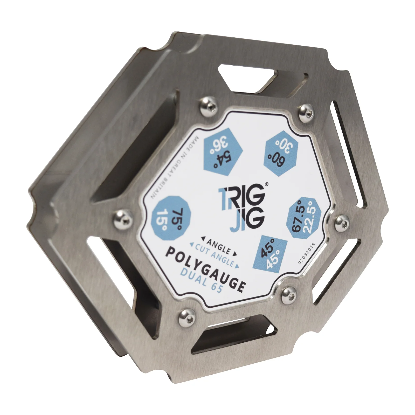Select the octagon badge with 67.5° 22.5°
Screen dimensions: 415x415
click(x=305, y=218)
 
